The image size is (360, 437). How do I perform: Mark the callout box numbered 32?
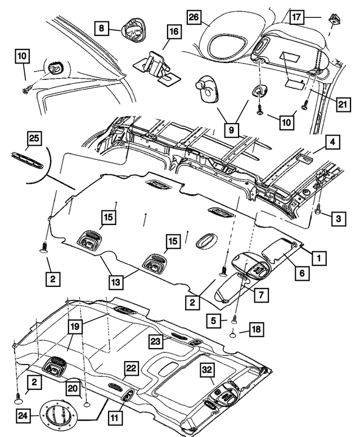click(x=208, y=369)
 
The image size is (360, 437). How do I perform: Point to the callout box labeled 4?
click(x=333, y=142)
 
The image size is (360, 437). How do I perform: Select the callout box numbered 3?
click(x=338, y=218)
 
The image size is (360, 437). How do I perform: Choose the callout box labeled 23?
click(x=156, y=340)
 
